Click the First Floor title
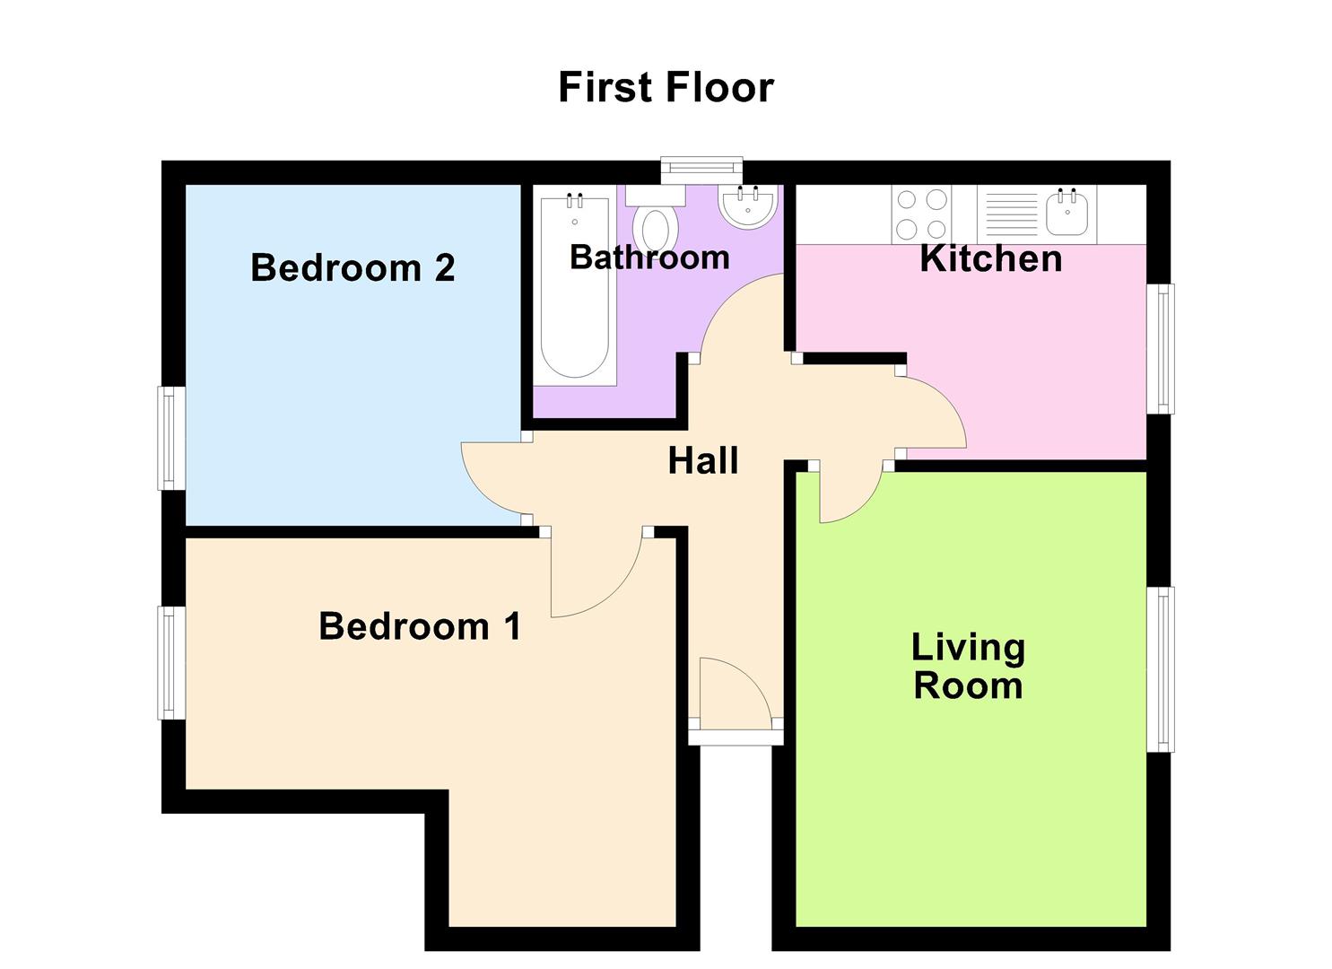tap(666, 88)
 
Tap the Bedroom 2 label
tap(353, 268)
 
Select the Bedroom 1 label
tap(420, 626)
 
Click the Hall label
tap(703, 461)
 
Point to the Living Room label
tap(968, 667)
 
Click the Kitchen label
tap(991, 259)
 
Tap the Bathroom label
tap(649, 258)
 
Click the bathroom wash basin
tap(747, 207)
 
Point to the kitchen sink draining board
tap(1011, 214)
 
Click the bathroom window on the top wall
tap(701, 167)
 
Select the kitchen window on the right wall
tap(1161, 349)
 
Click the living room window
tap(1161, 669)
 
